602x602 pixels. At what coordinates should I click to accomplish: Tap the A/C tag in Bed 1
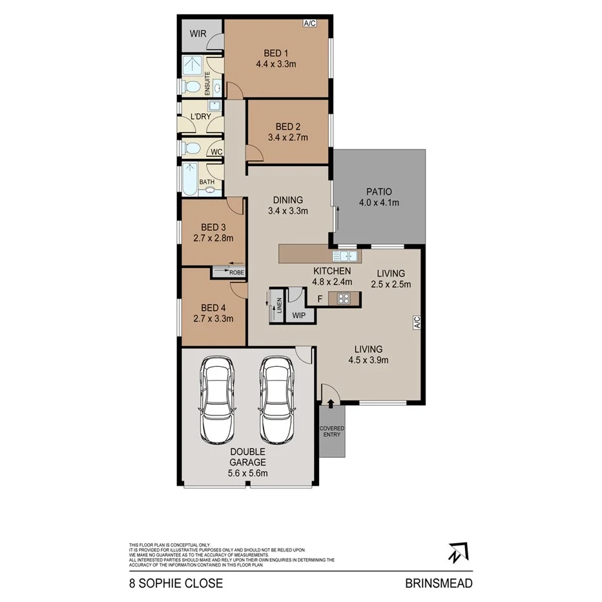point(309,24)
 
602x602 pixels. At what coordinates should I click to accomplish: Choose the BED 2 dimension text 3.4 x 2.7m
point(288,137)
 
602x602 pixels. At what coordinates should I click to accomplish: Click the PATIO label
point(379,191)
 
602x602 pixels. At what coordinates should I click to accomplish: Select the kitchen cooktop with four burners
point(344,298)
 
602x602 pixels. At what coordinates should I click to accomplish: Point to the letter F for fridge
point(320,299)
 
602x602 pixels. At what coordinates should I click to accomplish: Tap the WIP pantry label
point(298,316)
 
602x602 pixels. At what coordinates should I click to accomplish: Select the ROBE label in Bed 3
point(237,273)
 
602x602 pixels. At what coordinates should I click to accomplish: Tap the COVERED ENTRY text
point(332,431)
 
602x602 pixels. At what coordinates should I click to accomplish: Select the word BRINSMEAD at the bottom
point(439,583)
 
